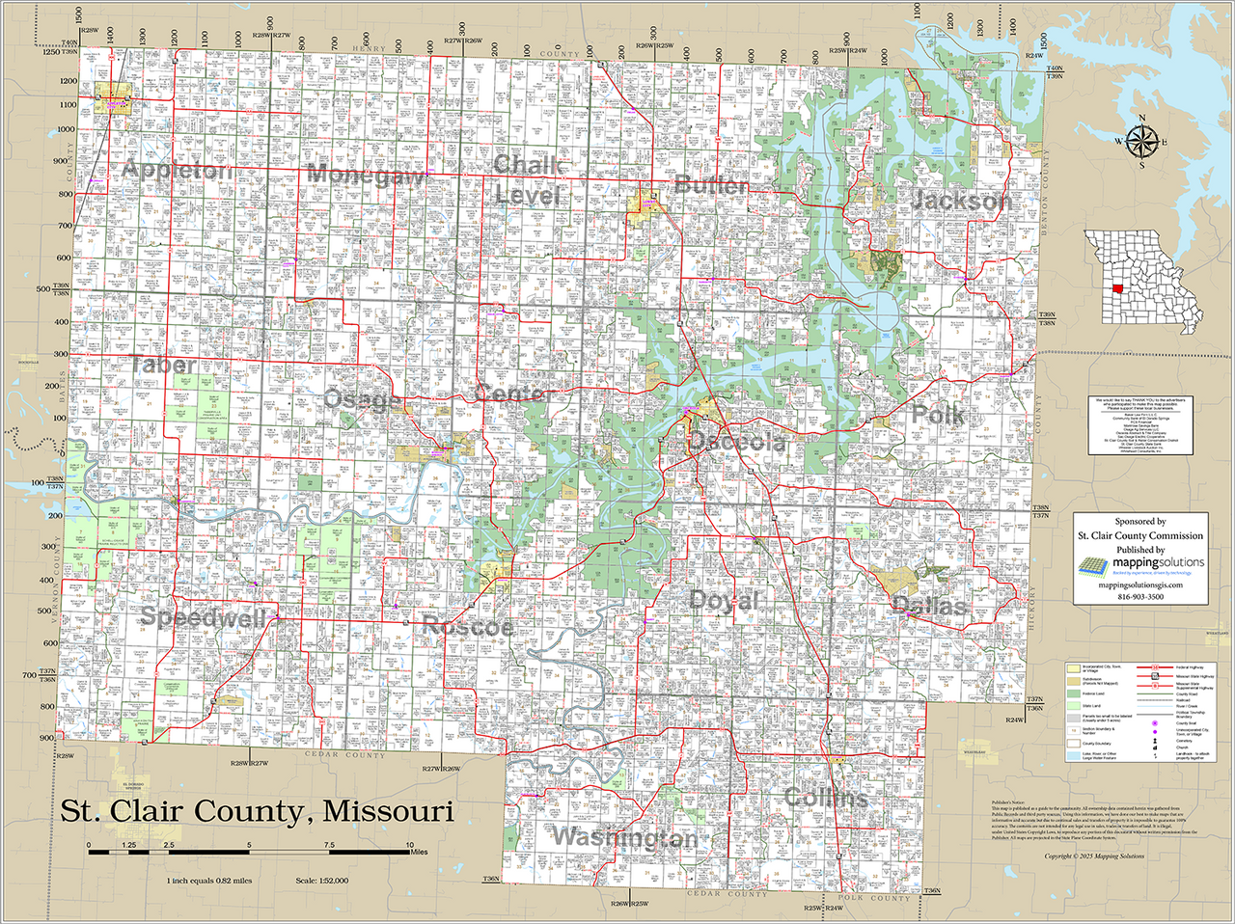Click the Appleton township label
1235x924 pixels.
(x=177, y=171)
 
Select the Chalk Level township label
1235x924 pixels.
(x=527, y=180)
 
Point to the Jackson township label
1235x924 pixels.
(x=961, y=201)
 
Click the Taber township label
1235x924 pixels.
(x=163, y=366)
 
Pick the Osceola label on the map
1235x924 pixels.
(x=736, y=442)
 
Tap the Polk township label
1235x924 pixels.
(x=938, y=415)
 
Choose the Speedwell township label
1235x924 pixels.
(x=203, y=617)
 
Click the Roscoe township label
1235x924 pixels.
(x=468, y=626)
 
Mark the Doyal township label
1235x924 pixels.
(x=724, y=600)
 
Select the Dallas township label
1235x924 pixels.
(x=928, y=606)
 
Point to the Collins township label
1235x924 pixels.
(x=826, y=798)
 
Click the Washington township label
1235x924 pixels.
(x=624, y=837)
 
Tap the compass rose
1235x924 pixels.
(x=1142, y=141)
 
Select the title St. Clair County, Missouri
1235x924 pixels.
(x=257, y=811)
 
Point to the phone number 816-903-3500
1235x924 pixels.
(x=1139, y=597)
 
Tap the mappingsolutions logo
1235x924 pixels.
(x=1139, y=565)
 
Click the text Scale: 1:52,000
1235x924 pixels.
(x=321, y=881)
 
